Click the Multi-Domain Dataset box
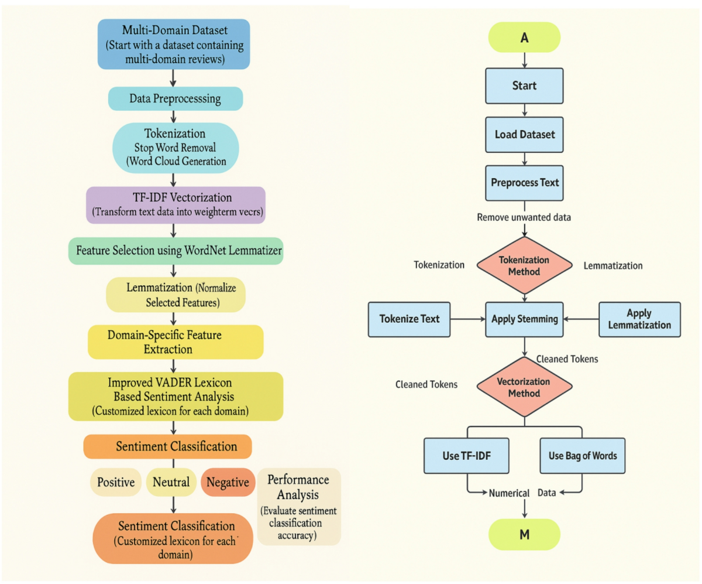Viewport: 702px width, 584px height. pos(173,43)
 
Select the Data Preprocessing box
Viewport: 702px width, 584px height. pos(175,99)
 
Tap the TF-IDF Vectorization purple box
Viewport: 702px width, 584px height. pos(175,205)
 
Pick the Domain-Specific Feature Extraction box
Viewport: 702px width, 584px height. pos(175,342)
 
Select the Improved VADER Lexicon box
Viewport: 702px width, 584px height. pos(175,397)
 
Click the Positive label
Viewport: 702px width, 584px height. pos(116,482)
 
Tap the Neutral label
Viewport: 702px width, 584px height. pos(170,482)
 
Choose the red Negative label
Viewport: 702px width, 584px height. pos(228,482)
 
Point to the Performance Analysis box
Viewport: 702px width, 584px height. pos(298,506)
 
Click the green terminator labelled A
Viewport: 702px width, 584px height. pos(524,38)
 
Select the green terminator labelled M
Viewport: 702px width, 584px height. pos(524,534)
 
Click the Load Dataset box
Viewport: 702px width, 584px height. pos(524,134)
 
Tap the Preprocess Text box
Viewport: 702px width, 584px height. pos(524,182)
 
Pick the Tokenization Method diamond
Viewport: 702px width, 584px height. pos(524,265)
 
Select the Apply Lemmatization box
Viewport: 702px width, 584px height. pos(639,319)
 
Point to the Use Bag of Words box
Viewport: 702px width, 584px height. pos(582,455)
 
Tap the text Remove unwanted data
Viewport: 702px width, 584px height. pos(524,217)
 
